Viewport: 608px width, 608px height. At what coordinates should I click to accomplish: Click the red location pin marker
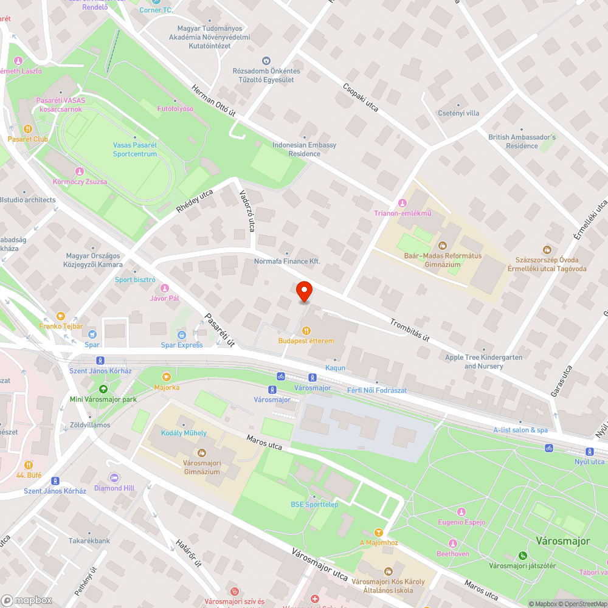click(x=304, y=291)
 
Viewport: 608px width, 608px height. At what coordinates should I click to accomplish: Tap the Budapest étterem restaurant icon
click(x=306, y=330)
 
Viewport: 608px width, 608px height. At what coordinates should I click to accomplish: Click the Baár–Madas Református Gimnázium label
click(x=443, y=260)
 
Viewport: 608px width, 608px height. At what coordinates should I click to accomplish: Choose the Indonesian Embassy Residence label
click(x=305, y=150)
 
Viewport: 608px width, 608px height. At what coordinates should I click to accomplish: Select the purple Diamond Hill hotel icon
click(x=114, y=477)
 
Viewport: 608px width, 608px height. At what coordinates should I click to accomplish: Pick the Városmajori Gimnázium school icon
click(x=201, y=453)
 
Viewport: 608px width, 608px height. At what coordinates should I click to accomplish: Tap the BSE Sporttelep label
click(x=314, y=504)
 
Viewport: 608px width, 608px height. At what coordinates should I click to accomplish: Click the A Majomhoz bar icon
click(x=379, y=532)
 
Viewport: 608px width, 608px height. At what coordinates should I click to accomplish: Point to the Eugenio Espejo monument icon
click(x=461, y=512)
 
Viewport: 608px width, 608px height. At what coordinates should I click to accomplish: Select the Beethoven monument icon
click(x=453, y=543)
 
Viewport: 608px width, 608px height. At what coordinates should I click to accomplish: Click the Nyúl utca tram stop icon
click(x=589, y=451)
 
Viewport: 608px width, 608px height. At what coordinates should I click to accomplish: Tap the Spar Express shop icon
click(x=181, y=335)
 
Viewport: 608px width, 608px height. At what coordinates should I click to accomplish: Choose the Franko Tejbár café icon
click(x=60, y=316)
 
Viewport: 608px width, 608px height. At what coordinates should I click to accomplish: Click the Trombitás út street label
click(x=410, y=330)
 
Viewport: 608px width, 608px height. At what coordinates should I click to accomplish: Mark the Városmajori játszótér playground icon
click(x=522, y=555)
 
